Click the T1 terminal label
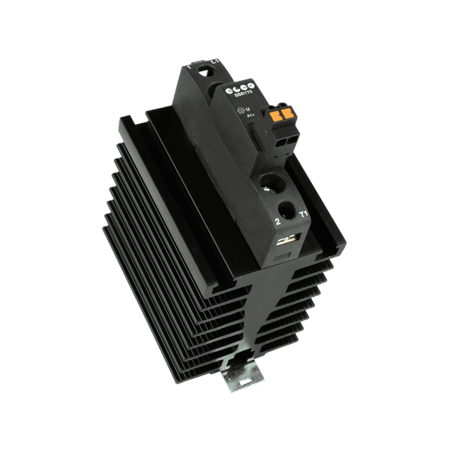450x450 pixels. click(x=304, y=212)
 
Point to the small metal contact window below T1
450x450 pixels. click(x=286, y=241)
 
